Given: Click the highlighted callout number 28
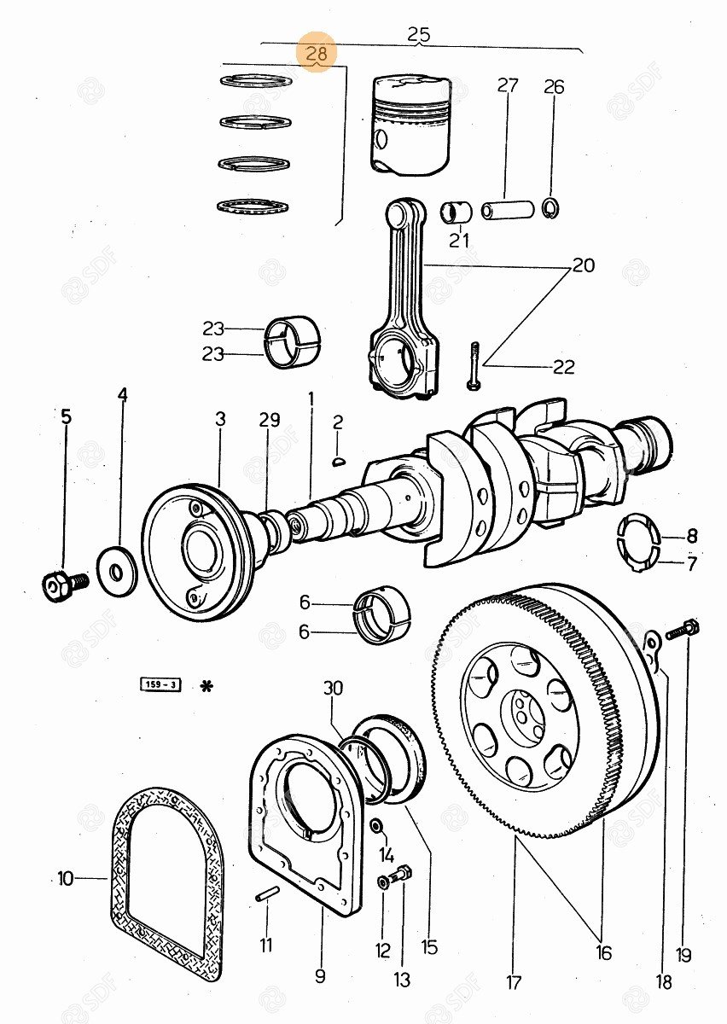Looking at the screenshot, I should (x=317, y=55).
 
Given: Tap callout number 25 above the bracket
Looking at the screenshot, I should (x=418, y=35).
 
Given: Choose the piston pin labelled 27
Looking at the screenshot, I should (x=508, y=209).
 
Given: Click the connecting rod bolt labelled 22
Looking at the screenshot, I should (x=474, y=365).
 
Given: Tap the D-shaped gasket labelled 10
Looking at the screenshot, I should (x=167, y=883).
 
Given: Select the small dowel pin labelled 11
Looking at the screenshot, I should (x=266, y=893).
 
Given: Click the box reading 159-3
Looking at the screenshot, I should (x=160, y=684).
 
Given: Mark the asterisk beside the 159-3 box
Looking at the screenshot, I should (x=205, y=685).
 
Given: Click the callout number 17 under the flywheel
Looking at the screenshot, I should (x=513, y=981).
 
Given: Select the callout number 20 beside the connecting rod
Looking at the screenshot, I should (x=583, y=265).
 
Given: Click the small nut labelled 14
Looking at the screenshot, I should (x=375, y=826).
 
